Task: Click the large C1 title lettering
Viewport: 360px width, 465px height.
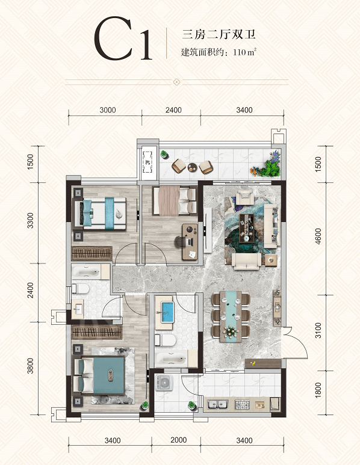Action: point(123,38)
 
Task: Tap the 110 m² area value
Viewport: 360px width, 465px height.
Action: point(244,52)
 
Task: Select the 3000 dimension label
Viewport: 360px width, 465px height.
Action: point(108,110)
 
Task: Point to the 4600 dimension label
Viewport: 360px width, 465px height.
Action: point(318,236)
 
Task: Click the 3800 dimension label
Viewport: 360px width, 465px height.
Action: point(30,366)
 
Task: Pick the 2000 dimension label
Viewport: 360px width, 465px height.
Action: point(179,440)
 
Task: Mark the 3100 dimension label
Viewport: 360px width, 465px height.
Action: point(318,330)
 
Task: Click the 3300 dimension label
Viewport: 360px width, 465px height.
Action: point(30,220)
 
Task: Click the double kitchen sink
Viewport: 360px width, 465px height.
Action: point(217,404)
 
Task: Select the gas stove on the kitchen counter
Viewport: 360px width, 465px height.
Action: point(243,404)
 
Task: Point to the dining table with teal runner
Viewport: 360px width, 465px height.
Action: point(231,316)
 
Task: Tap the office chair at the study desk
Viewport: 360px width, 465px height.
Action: point(181,242)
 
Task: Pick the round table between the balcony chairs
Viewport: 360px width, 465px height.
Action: point(192,168)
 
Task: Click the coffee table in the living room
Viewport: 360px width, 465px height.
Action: point(247,228)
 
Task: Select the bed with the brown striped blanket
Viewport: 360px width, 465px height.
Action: point(175,200)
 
